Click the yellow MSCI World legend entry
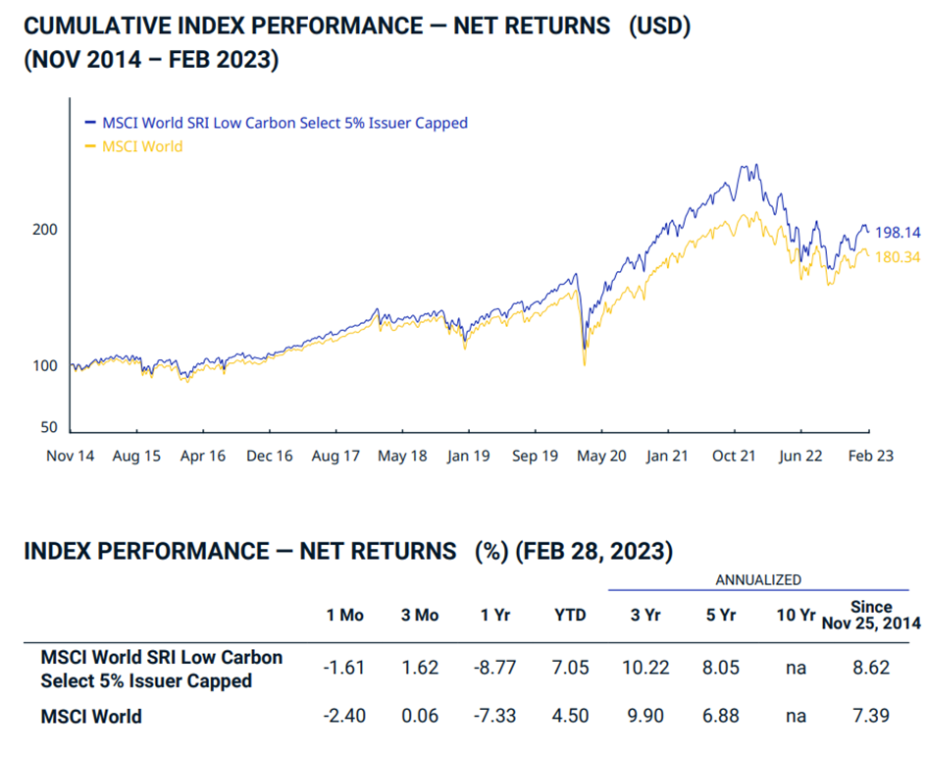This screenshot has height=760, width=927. click(x=142, y=146)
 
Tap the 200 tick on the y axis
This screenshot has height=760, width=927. click(x=46, y=229)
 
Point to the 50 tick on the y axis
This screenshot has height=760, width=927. click(x=50, y=428)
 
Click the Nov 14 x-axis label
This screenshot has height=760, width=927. click(x=71, y=457)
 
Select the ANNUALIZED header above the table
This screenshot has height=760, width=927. click(x=758, y=579)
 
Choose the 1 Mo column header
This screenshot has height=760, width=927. click(x=344, y=615)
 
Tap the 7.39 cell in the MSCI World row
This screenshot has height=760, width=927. click(x=871, y=716)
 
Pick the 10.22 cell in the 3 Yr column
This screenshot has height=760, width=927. click(x=645, y=668)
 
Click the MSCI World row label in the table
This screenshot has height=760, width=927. click(x=91, y=716)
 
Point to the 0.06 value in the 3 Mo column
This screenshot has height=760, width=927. click(x=420, y=716)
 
